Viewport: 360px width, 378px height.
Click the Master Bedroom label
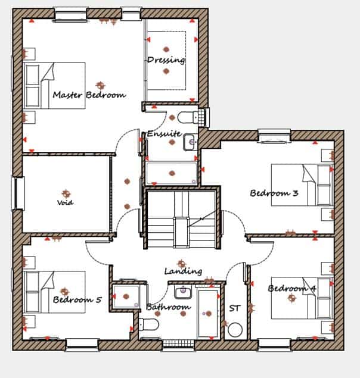point(89,95)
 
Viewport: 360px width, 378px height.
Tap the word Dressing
point(166,60)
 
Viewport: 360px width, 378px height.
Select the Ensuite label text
point(164,133)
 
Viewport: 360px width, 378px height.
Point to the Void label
point(65,202)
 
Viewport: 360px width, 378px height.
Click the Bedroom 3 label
point(274,193)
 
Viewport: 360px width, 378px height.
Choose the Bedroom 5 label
point(77,299)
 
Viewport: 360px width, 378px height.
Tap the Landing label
point(183,271)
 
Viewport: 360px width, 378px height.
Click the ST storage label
point(235,308)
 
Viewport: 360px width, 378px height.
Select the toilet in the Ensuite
point(188,117)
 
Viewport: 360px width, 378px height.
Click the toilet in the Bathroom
point(149,324)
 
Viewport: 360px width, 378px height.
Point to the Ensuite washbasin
point(189,142)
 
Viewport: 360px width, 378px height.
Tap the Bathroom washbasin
point(183,292)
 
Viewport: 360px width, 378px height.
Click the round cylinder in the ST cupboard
point(235,330)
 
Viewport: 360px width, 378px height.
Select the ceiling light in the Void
point(66,193)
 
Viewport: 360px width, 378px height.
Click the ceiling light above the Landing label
point(181,264)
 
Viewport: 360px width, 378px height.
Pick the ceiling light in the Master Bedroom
point(100,85)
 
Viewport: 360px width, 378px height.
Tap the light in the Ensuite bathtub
point(172,173)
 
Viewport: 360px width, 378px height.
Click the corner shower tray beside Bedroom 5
point(126,296)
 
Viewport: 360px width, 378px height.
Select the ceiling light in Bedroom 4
point(292,298)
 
